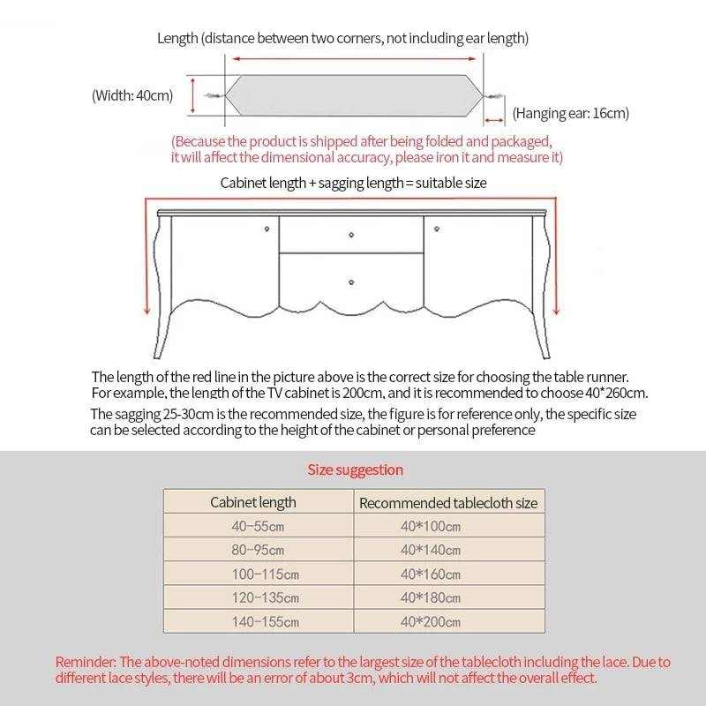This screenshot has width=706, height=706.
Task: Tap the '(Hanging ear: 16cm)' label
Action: (x=570, y=113)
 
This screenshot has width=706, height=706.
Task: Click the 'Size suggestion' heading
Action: (x=355, y=469)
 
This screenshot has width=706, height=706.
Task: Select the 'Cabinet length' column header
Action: (x=253, y=502)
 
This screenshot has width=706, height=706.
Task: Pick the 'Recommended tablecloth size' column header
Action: (x=448, y=503)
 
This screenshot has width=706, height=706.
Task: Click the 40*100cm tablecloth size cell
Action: (x=431, y=527)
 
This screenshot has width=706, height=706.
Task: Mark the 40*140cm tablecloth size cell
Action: (x=431, y=550)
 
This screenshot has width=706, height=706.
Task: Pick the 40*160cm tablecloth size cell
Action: (x=431, y=574)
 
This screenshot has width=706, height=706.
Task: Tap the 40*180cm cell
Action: (x=431, y=597)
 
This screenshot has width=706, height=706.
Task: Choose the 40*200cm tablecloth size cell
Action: (x=431, y=621)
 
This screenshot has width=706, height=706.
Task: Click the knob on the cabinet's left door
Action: (x=267, y=230)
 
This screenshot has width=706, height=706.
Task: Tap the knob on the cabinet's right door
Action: (x=435, y=230)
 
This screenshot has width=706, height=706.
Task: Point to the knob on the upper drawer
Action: (x=351, y=235)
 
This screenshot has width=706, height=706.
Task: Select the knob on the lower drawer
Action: (x=351, y=282)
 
